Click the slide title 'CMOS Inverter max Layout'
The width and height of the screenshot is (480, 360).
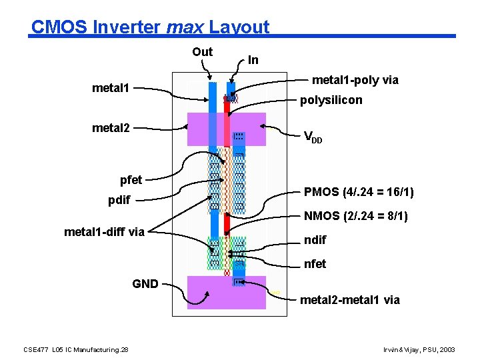tap(150, 27)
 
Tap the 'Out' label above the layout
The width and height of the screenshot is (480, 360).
tap(202, 52)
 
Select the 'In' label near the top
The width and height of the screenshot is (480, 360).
tap(253, 60)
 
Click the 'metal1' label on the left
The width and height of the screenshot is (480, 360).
tap(115, 88)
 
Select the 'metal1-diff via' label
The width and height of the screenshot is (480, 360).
tap(104, 232)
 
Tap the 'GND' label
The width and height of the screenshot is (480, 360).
tap(145, 284)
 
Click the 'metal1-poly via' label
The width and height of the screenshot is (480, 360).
tap(355, 81)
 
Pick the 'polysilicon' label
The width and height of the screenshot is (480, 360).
tap(331, 100)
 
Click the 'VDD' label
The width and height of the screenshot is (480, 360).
tap(313, 138)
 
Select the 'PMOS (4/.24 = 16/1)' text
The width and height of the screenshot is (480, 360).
tap(359, 193)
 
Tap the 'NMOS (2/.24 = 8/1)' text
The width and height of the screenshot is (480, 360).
tap(356, 217)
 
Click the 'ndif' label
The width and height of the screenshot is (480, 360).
tap(315, 240)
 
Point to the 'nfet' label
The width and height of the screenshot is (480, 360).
tap(315, 264)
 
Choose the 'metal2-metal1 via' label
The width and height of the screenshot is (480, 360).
tap(350, 300)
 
